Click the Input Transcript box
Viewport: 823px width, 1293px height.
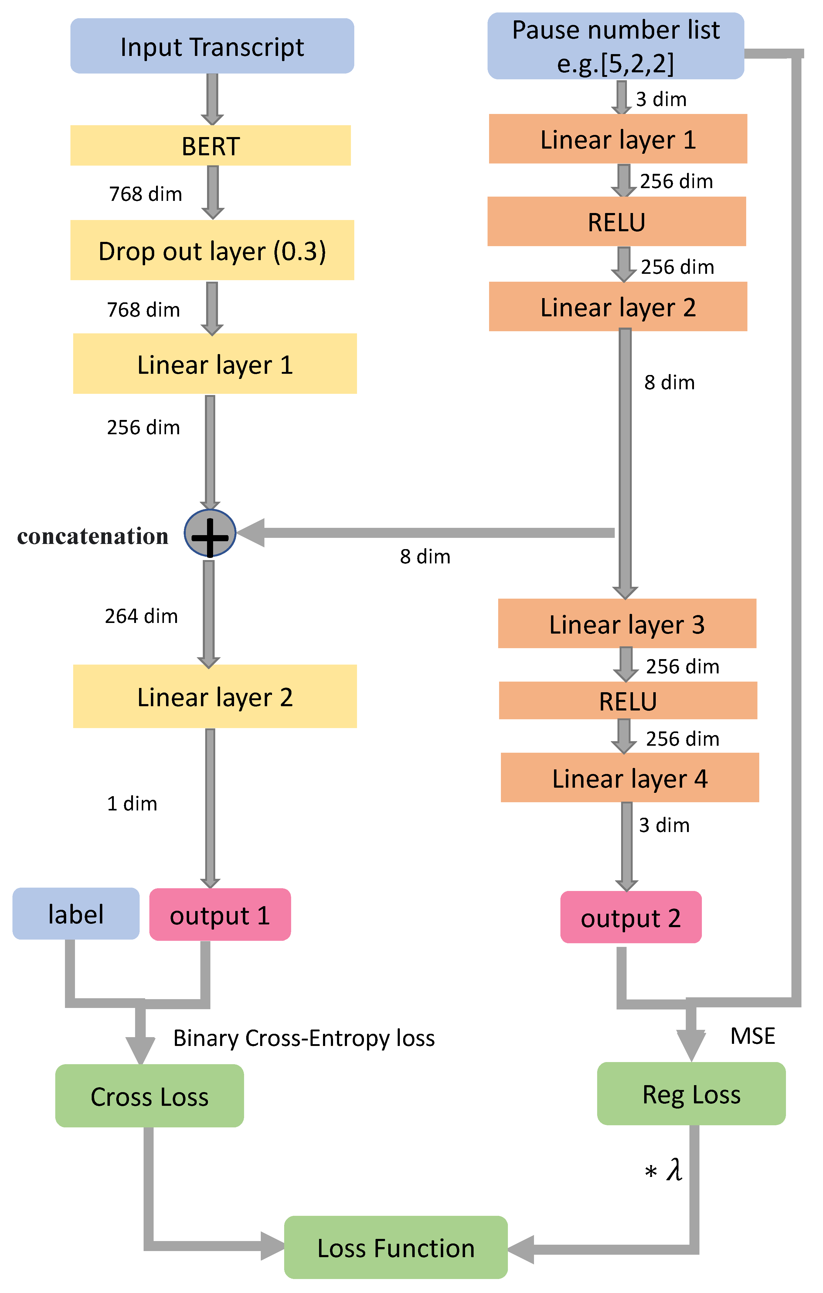(x=212, y=46)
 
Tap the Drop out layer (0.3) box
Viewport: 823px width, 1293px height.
(x=212, y=250)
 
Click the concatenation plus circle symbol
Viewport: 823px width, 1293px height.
(x=210, y=533)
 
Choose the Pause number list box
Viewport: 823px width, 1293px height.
(x=615, y=46)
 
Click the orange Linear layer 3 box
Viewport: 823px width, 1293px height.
(x=627, y=624)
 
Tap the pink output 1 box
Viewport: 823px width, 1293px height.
(x=220, y=914)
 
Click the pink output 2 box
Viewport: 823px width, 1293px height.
(x=631, y=917)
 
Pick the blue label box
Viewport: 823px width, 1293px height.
(x=76, y=913)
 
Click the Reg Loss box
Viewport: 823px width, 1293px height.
(x=691, y=1094)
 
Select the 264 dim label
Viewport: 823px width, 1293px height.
(x=141, y=616)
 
